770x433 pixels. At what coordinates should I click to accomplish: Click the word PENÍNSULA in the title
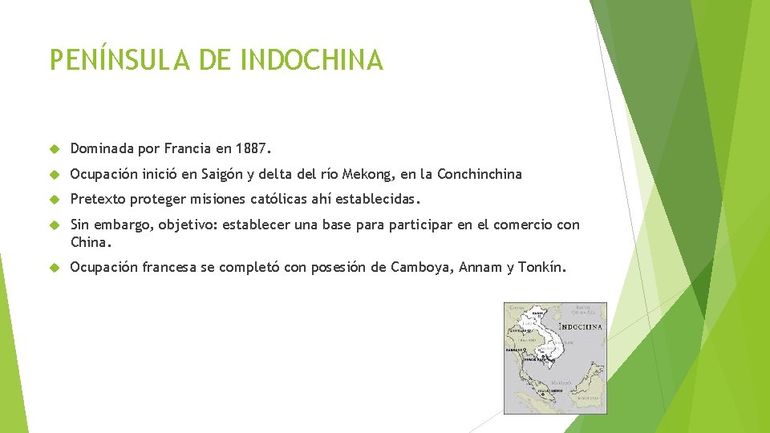click(x=112, y=60)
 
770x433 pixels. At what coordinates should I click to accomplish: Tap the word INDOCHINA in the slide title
click(x=312, y=60)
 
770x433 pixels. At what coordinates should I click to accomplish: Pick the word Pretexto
click(x=98, y=199)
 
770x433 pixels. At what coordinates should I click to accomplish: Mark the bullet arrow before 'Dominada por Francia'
click(x=55, y=149)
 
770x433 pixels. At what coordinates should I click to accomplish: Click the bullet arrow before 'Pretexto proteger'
click(x=55, y=200)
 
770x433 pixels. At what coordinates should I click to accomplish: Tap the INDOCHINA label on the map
click(x=580, y=327)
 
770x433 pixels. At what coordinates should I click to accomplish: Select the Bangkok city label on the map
click(x=514, y=350)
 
